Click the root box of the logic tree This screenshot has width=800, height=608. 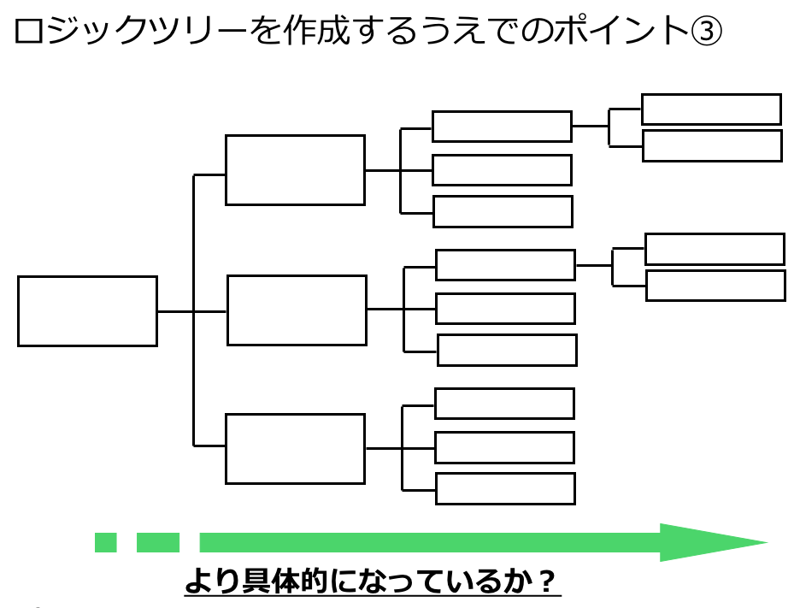click(x=87, y=311)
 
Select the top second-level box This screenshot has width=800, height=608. click(x=295, y=170)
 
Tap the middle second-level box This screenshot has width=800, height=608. click(x=297, y=310)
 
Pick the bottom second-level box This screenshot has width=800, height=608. click(x=295, y=449)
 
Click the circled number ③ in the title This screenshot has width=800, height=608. click(x=706, y=32)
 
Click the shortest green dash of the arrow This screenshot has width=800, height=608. click(x=105, y=542)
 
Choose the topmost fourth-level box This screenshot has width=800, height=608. click(x=711, y=109)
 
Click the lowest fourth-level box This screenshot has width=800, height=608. click(x=715, y=286)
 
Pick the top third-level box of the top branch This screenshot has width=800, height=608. click(x=502, y=127)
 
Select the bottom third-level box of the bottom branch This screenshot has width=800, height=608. click(x=505, y=488)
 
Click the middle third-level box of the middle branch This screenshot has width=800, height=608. click(x=505, y=309)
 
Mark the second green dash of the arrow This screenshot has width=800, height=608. click(x=158, y=542)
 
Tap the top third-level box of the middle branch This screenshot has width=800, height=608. click(x=505, y=265)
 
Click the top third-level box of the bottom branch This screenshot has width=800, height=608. click(x=504, y=404)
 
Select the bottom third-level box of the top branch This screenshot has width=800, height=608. click(x=503, y=211)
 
